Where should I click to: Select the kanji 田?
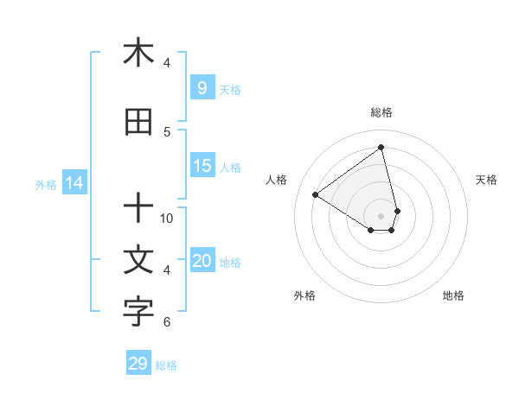[x=138, y=123]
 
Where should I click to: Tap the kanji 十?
[x=138, y=207]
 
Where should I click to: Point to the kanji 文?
[x=138, y=260]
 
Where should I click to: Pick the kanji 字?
[x=138, y=313]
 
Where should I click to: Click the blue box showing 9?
[x=202, y=87]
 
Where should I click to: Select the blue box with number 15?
[x=202, y=166]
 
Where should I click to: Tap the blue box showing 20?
[x=202, y=261]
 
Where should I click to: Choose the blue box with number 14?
[x=74, y=183]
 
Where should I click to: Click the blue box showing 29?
[x=138, y=364]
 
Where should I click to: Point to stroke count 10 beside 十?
[x=167, y=219]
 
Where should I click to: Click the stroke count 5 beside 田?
[x=167, y=131]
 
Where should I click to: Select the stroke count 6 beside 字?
[x=167, y=322]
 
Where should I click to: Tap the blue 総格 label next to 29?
[x=166, y=365]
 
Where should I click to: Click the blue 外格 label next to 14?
[x=45, y=184]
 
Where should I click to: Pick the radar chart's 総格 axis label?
[x=381, y=112]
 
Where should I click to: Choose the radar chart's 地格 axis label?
[x=453, y=295]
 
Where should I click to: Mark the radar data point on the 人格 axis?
[x=316, y=194]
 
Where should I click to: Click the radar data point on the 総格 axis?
[x=381, y=147]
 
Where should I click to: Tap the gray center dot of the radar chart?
[x=381, y=215]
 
